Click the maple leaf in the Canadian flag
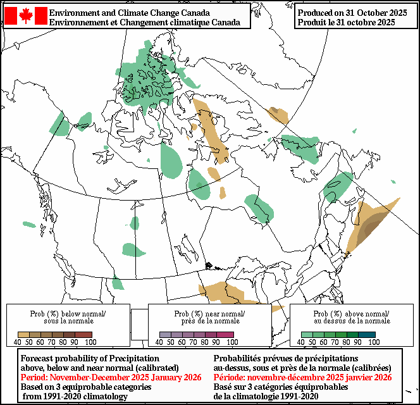26,16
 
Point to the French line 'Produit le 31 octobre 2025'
346,22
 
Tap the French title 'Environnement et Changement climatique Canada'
144,22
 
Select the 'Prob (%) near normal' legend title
209,313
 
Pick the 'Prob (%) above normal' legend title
351,313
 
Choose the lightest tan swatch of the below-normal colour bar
23,334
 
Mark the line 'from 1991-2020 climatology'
75,396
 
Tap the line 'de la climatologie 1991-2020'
269,396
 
